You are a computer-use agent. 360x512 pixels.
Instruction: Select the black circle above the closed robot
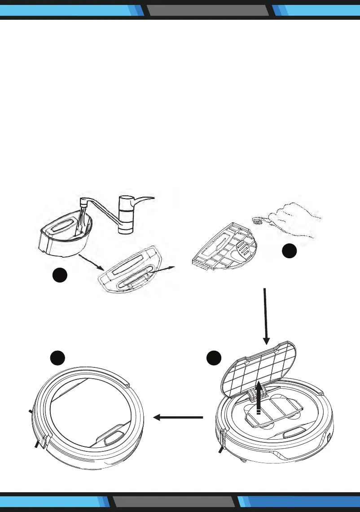pyautogui.click(x=58, y=358)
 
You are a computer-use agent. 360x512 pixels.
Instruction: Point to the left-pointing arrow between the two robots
pyautogui.click(x=178, y=418)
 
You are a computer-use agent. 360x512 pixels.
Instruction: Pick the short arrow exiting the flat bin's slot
pyautogui.click(x=162, y=271)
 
